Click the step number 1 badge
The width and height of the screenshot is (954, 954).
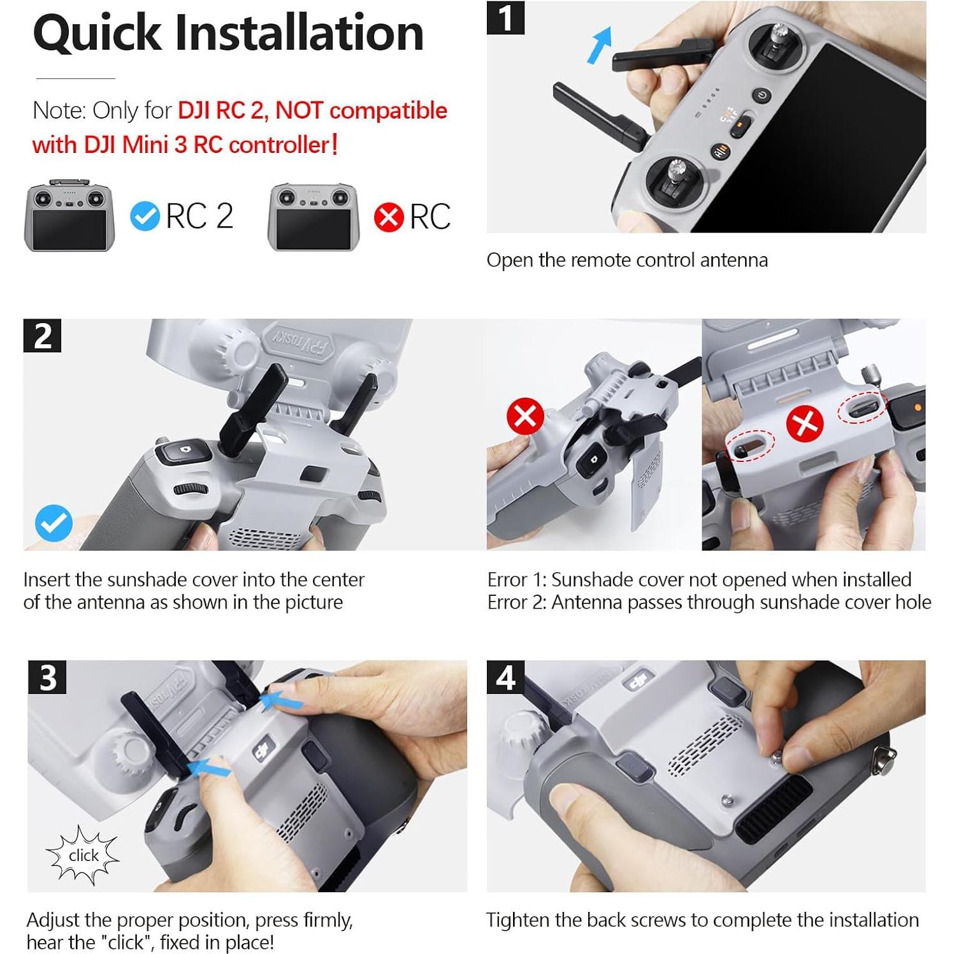coord(505,18)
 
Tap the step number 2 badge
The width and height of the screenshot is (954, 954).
coord(42,336)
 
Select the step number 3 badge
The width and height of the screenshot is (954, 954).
coord(47,677)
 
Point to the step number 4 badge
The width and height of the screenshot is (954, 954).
coord(505,677)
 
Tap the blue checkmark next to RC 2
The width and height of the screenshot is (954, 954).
coord(145,217)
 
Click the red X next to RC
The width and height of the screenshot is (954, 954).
coord(389,217)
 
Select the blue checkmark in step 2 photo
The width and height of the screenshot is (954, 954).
coord(54,523)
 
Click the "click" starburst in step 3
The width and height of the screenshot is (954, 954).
coord(83,855)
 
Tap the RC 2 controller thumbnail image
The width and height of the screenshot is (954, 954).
coord(69,216)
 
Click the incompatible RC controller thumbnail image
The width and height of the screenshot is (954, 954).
coord(313,217)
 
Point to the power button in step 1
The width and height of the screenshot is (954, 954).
coord(762,96)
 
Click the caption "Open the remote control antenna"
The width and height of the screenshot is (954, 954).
coord(627,260)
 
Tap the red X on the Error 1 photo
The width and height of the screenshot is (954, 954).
coord(525,417)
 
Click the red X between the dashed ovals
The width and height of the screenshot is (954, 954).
coord(804,424)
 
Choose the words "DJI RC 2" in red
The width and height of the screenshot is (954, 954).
coord(220,111)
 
